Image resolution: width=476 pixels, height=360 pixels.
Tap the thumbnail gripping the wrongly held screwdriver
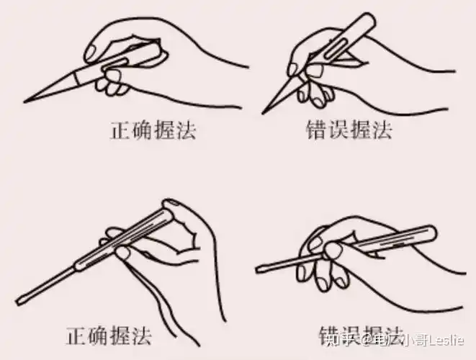point(333,250)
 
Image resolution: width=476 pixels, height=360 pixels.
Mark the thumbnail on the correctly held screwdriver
point(123,253)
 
